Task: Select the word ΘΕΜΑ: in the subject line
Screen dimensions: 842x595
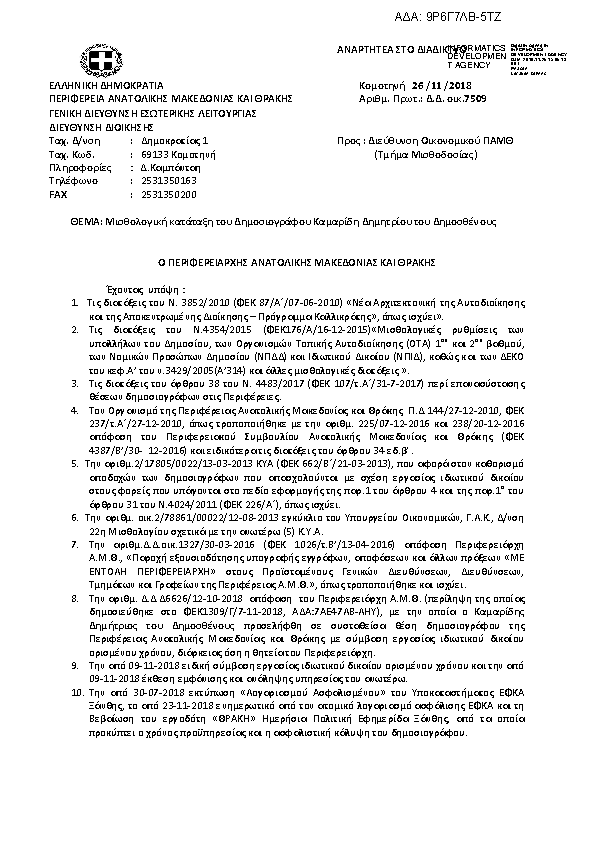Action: point(75,219)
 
